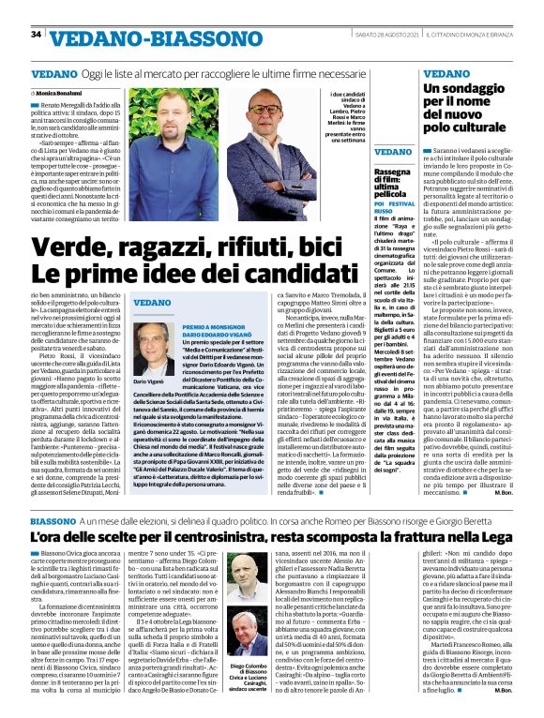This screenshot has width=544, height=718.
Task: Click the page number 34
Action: pos(37,35)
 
